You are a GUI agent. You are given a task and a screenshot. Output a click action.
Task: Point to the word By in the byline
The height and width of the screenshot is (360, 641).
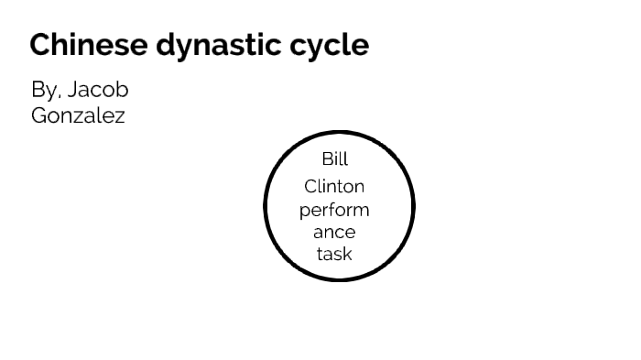point(43,91)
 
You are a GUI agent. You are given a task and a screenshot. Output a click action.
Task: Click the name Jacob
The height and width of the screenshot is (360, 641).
point(98,91)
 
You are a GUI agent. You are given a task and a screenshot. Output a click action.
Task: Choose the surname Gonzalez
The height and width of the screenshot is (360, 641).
point(79,116)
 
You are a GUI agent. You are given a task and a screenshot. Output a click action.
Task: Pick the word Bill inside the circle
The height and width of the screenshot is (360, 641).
point(335,159)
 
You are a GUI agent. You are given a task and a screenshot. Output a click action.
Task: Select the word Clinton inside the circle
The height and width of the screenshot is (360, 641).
point(334,187)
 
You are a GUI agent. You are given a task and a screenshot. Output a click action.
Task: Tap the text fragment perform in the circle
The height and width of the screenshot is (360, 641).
point(334,210)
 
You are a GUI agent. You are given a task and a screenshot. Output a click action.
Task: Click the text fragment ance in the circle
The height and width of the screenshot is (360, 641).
point(334,233)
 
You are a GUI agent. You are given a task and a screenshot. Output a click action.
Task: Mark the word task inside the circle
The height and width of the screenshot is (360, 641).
point(334,254)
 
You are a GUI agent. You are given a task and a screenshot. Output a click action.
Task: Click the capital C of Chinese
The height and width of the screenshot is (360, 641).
point(38,45)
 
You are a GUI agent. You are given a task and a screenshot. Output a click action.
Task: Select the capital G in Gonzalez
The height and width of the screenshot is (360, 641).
point(39,116)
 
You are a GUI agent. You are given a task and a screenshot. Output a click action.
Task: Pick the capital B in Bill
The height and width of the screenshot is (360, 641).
point(326,159)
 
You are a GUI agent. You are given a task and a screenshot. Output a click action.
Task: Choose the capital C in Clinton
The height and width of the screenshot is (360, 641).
point(310,187)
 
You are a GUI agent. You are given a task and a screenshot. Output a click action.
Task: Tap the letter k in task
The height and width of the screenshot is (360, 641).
point(347,254)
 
